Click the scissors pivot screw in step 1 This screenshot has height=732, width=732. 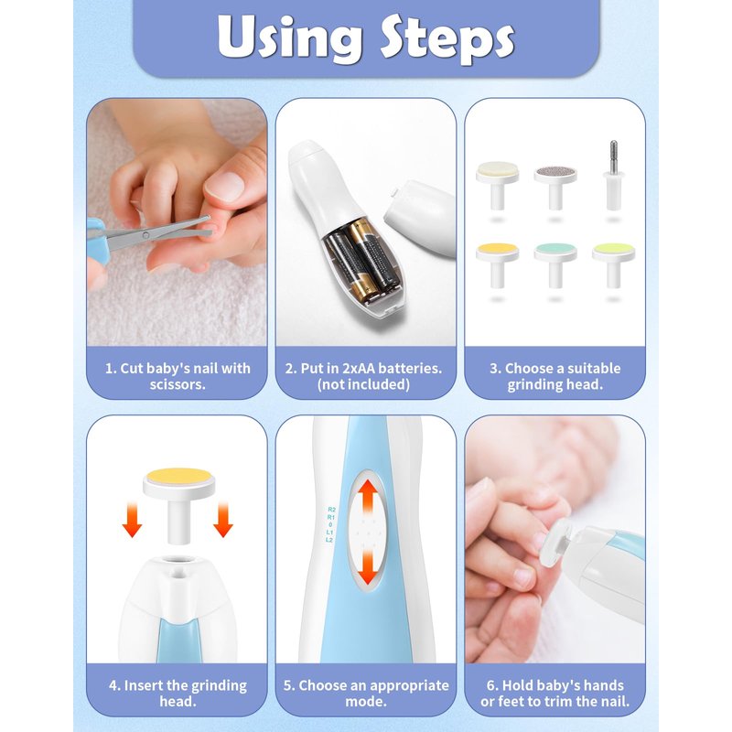coord(146,235)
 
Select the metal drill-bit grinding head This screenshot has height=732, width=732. coord(613,176)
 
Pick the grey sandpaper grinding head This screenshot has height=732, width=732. coord(555,188)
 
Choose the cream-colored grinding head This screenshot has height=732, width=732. coord(498,185)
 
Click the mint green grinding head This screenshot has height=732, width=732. coord(555,265)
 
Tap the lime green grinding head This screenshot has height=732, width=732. coord(613,265)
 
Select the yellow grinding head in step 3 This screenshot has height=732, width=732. coord(498,265)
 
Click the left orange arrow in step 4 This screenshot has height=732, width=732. coord(132,519)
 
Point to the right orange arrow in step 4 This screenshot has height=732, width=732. coord(223,519)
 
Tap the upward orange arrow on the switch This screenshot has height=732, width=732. coord(369,497)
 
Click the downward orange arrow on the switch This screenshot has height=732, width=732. coord(369,566)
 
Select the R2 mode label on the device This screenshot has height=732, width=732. coord(331,510)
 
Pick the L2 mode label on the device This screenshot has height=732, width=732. coord(329,540)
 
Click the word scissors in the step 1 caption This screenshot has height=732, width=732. coord(178,384)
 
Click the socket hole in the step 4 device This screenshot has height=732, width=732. coord(177,561)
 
